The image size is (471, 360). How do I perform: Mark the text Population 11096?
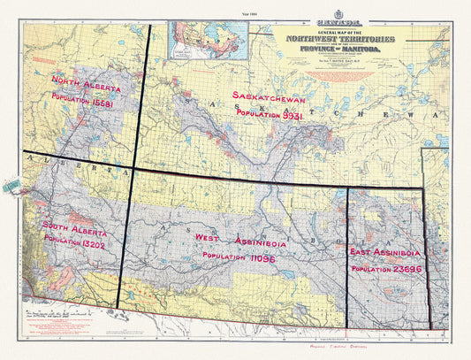point(240,256)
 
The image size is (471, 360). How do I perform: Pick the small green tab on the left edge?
point(11,186)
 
